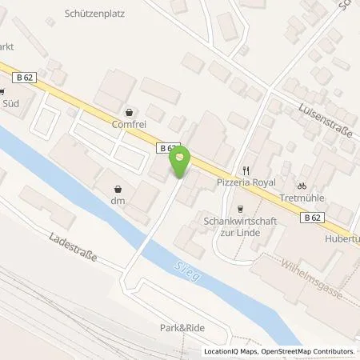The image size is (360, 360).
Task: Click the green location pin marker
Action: click(x=181, y=162)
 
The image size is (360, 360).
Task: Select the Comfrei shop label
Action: click(x=130, y=126)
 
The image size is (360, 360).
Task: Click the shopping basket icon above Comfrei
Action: click(x=130, y=113)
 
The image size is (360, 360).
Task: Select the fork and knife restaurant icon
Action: click(x=246, y=170)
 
